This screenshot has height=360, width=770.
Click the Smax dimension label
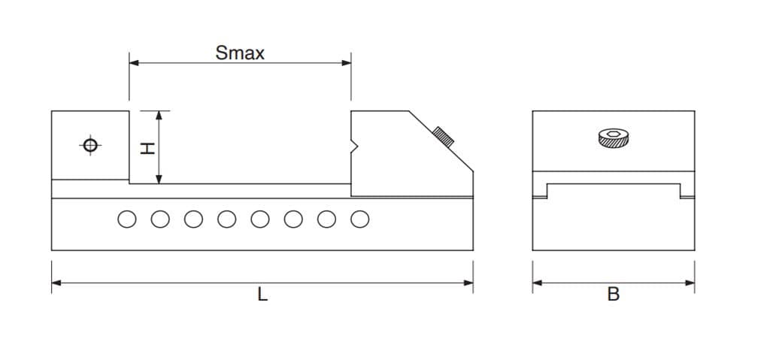[240, 53]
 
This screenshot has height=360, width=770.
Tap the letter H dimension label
[147, 148]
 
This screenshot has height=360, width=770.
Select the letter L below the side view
[262, 295]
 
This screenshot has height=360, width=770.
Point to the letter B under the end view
[614, 294]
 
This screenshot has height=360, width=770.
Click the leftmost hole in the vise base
[127, 219]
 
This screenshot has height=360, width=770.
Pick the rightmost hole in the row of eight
[360, 219]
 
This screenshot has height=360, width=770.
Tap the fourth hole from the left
[227, 219]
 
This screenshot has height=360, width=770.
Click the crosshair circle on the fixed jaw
[90, 145]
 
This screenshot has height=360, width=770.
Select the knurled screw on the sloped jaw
[443, 136]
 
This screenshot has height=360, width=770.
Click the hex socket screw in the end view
[614, 138]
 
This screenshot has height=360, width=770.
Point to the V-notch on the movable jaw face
[355, 147]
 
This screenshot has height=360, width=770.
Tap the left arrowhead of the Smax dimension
[134, 63]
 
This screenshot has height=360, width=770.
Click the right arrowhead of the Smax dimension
[346, 63]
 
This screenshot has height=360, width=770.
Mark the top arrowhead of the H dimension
[159, 116]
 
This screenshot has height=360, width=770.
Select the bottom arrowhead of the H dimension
[159, 179]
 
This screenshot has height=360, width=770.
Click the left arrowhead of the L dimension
[56, 283]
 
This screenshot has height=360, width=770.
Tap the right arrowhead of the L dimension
[468, 283]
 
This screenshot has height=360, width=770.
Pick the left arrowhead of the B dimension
[538, 283]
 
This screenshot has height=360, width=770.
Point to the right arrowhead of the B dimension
[690, 283]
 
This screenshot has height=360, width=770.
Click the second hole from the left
[161, 219]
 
